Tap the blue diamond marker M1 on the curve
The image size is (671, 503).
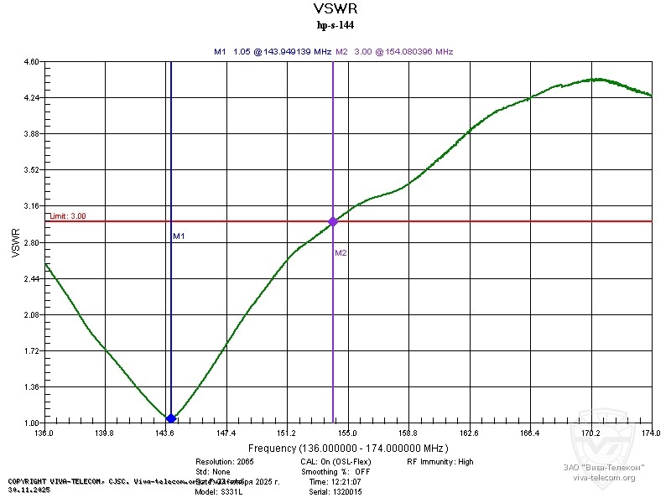click(x=171, y=418)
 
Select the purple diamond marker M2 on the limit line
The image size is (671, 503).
click(x=333, y=221)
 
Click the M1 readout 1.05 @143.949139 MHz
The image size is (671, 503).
click(x=272, y=51)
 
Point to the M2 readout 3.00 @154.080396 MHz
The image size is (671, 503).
click(x=394, y=51)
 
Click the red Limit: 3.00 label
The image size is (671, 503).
click(x=68, y=215)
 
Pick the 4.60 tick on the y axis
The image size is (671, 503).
click(x=32, y=62)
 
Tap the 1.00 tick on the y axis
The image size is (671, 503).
click(x=32, y=423)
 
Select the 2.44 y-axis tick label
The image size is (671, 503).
click(x=32, y=279)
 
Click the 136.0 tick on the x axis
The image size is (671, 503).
click(x=44, y=433)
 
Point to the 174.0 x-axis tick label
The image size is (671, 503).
click(x=651, y=433)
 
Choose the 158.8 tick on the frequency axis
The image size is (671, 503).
click(x=408, y=433)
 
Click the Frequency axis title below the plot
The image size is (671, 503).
click(x=353, y=449)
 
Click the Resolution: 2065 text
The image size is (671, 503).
click(x=224, y=462)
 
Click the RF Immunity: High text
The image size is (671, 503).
click(x=440, y=462)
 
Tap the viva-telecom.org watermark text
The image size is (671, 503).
click(x=604, y=478)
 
